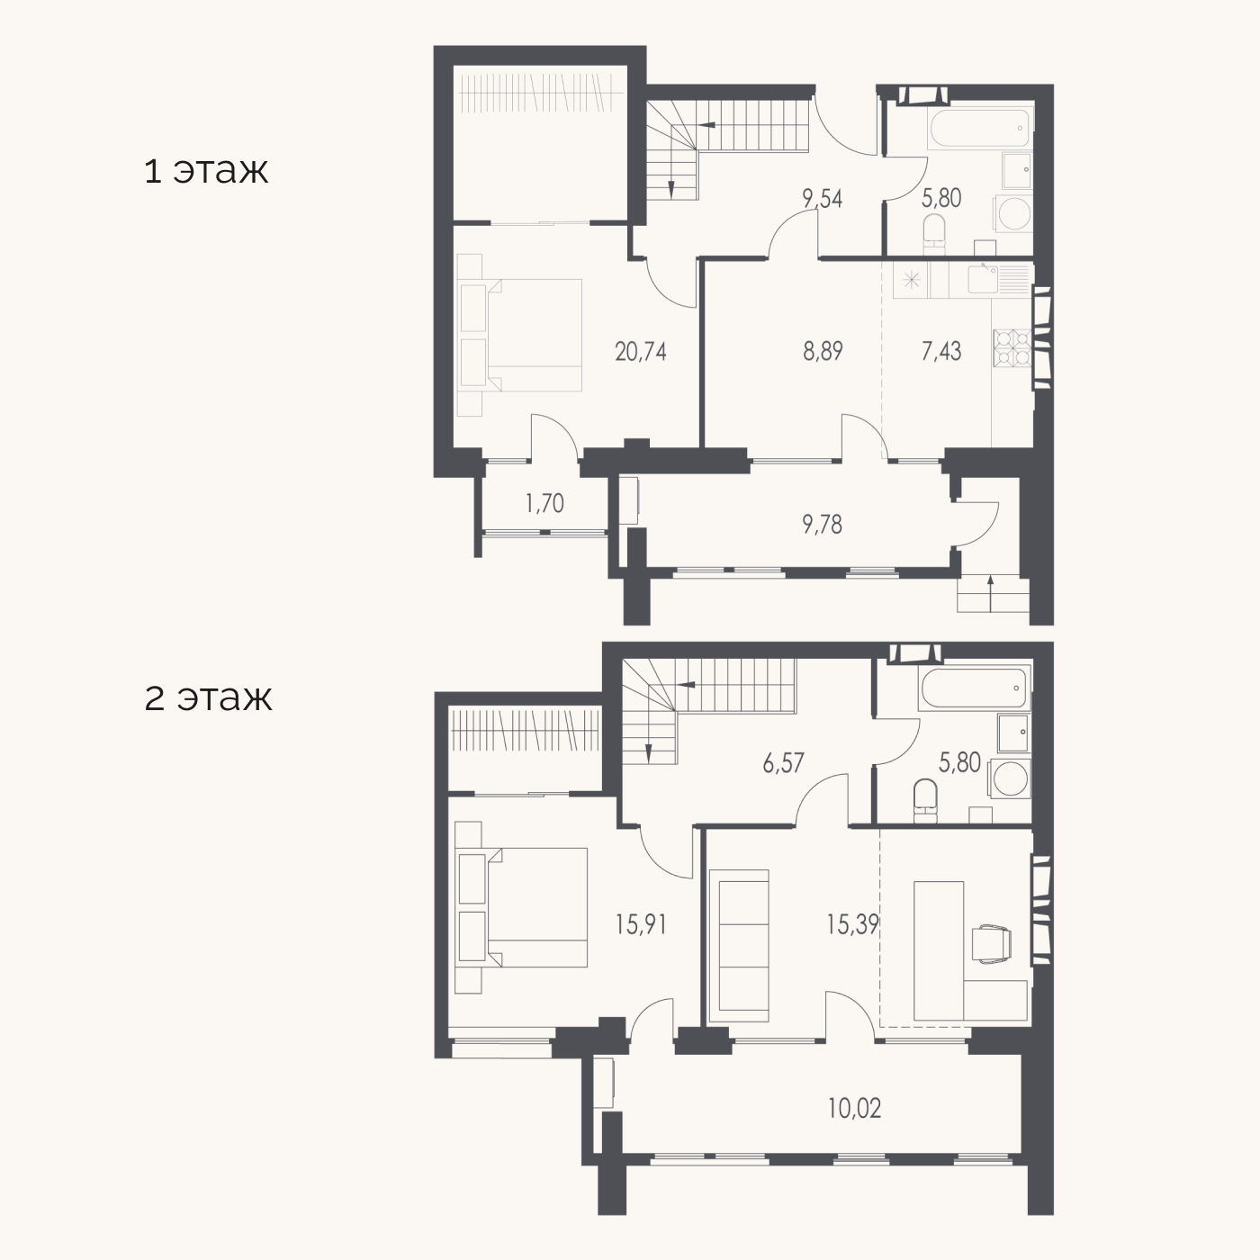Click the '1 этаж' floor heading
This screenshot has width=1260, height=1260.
point(206,171)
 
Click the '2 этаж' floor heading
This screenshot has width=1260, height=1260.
point(208,697)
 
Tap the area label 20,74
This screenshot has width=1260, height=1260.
point(641,352)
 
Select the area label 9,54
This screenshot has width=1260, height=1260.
point(823,198)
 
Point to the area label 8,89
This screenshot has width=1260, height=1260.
point(823,351)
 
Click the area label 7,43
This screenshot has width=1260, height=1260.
point(941,351)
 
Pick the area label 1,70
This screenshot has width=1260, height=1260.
point(544,503)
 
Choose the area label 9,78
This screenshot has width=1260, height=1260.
point(823,525)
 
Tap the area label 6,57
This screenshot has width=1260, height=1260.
point(783,763)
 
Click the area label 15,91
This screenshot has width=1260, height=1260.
point(641,924)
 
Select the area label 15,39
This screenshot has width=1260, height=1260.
point(852,924)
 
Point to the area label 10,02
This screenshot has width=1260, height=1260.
point(855,1108)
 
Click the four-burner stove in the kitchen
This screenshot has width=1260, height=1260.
point(1012,347)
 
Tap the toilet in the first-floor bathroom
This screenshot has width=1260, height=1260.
point(934,236)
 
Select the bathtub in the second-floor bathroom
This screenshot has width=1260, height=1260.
point(974,688)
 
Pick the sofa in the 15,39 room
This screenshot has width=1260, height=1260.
point(738,946)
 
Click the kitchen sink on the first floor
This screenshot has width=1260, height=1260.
point(982,278)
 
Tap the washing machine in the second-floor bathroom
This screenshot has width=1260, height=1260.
point(1010,778)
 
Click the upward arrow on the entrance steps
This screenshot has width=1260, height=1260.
point(991,593)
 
